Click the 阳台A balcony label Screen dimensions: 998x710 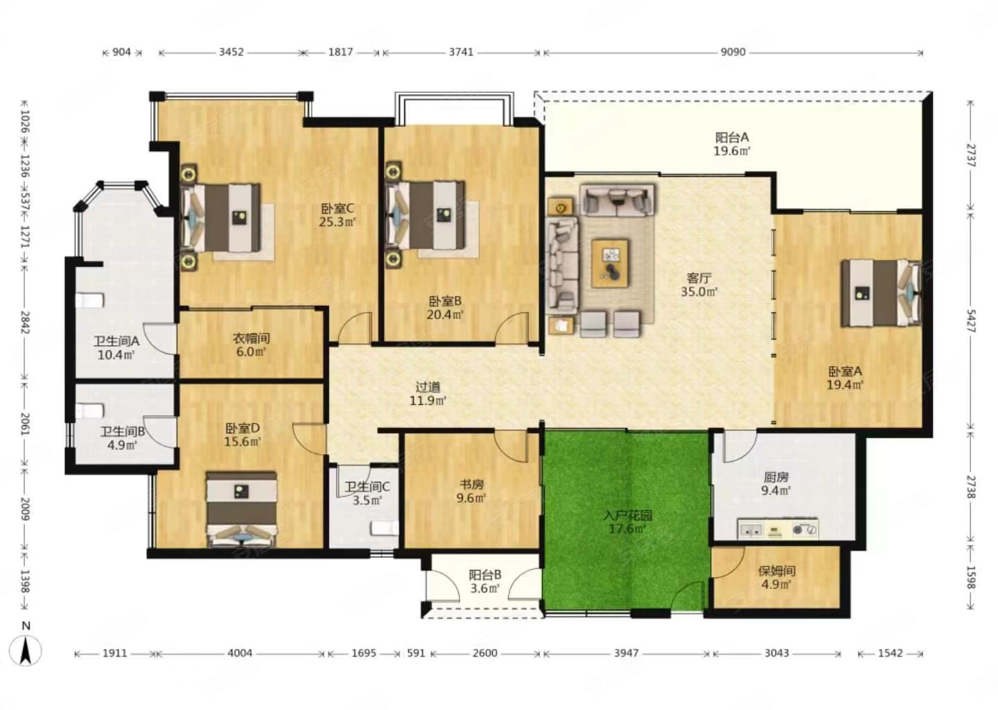point(732,137)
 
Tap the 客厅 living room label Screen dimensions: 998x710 point(699,278)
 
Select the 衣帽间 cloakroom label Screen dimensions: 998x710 point(251,338)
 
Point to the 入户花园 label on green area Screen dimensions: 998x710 point(627,516)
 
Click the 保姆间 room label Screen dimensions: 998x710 point(776,571)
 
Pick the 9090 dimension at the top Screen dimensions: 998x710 point(733,52)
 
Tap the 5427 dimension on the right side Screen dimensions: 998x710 point(971,320)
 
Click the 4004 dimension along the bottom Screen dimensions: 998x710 point(240,653)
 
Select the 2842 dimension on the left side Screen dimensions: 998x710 point(25,322)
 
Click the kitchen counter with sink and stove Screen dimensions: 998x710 point(778,528)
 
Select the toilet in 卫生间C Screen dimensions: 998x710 point(385,528)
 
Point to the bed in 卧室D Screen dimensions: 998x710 point(241,510)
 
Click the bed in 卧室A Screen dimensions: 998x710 point(880,293)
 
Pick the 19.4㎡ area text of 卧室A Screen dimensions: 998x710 point(846,385)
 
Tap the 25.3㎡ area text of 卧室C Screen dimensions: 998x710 point(338,222)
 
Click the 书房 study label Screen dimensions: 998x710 point(471,484)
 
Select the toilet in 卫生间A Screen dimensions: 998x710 point(89,300)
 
